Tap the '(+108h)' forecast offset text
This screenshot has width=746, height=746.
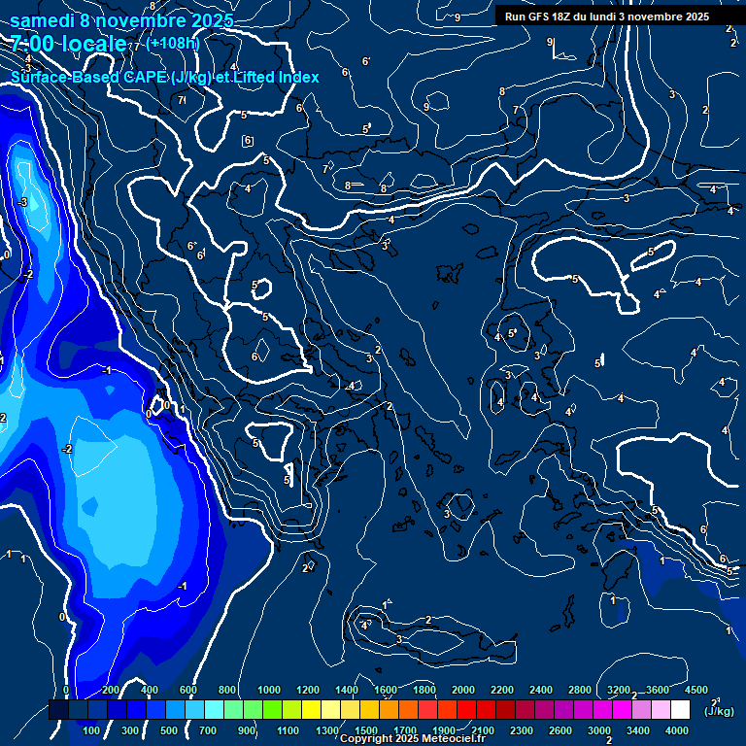173,43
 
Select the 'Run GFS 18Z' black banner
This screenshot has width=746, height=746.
606,16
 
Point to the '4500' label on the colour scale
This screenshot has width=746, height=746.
695,690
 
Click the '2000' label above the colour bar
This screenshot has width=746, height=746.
462,690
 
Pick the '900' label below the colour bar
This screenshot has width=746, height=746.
247,730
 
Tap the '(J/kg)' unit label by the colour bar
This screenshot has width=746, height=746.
718,711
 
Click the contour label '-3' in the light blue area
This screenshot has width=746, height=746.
22,201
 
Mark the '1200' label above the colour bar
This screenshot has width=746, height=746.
308,690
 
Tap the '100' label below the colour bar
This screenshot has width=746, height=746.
91,730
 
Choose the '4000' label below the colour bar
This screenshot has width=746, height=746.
677,730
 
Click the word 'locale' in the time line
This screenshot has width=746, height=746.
91,44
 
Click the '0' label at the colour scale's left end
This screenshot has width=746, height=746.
66,690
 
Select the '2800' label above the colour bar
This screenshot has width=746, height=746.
579,690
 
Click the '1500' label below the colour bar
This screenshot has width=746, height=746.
365,730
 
